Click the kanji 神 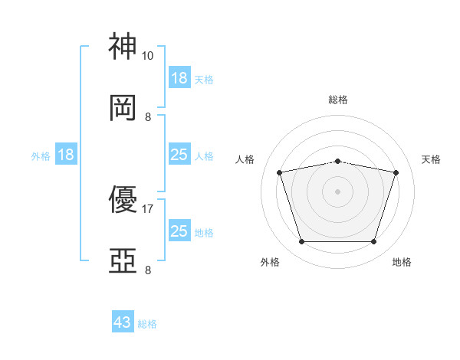click(x=123, y=46)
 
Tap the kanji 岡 click(x=123, y=108)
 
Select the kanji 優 click(x=123, y=199)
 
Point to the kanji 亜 click(x=123, y=260)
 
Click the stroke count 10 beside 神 click(x=147, y=56)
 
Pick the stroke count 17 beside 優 click(x=147, y=209)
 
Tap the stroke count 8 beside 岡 click(x=148, y=117)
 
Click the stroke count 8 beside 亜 click(x=148, y=270)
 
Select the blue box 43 click(x=123, y=321)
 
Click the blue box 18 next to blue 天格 click(x=180, y=77)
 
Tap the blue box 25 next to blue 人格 click(x=180, y=154)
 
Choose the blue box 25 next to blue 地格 click(x=180, y=230)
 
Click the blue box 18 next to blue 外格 click(x=66, y=154)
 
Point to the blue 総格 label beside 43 click(x=147, y=324)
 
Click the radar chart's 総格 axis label click(x=338, y=100)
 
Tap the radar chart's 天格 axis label click(x=431, y=159)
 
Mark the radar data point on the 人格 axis click(x=280, y=172)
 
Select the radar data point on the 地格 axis click(x=374, y=242)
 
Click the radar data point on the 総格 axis click(x=337, y=162)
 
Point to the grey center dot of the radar click(x=337, y=191)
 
